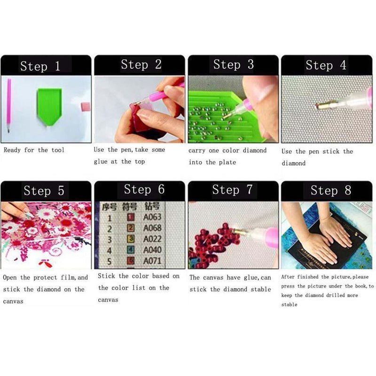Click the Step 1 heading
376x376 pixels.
pyautogui.click(x=40, y=66)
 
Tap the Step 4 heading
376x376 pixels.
pyautogui.click(x=326, y=65)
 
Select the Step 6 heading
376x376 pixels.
pyautogui.click(x=144, y=189)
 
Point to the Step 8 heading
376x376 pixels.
pyautogui.click(x=331, y=190)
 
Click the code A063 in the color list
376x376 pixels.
pyautogui.click(x=152, y=218)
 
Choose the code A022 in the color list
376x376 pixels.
pyautogui.click(x=152, y=239)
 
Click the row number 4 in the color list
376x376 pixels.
pyautogui.click(x=110, y=250)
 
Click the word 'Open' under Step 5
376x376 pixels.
pyautogui.click(x=11, y=278)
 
